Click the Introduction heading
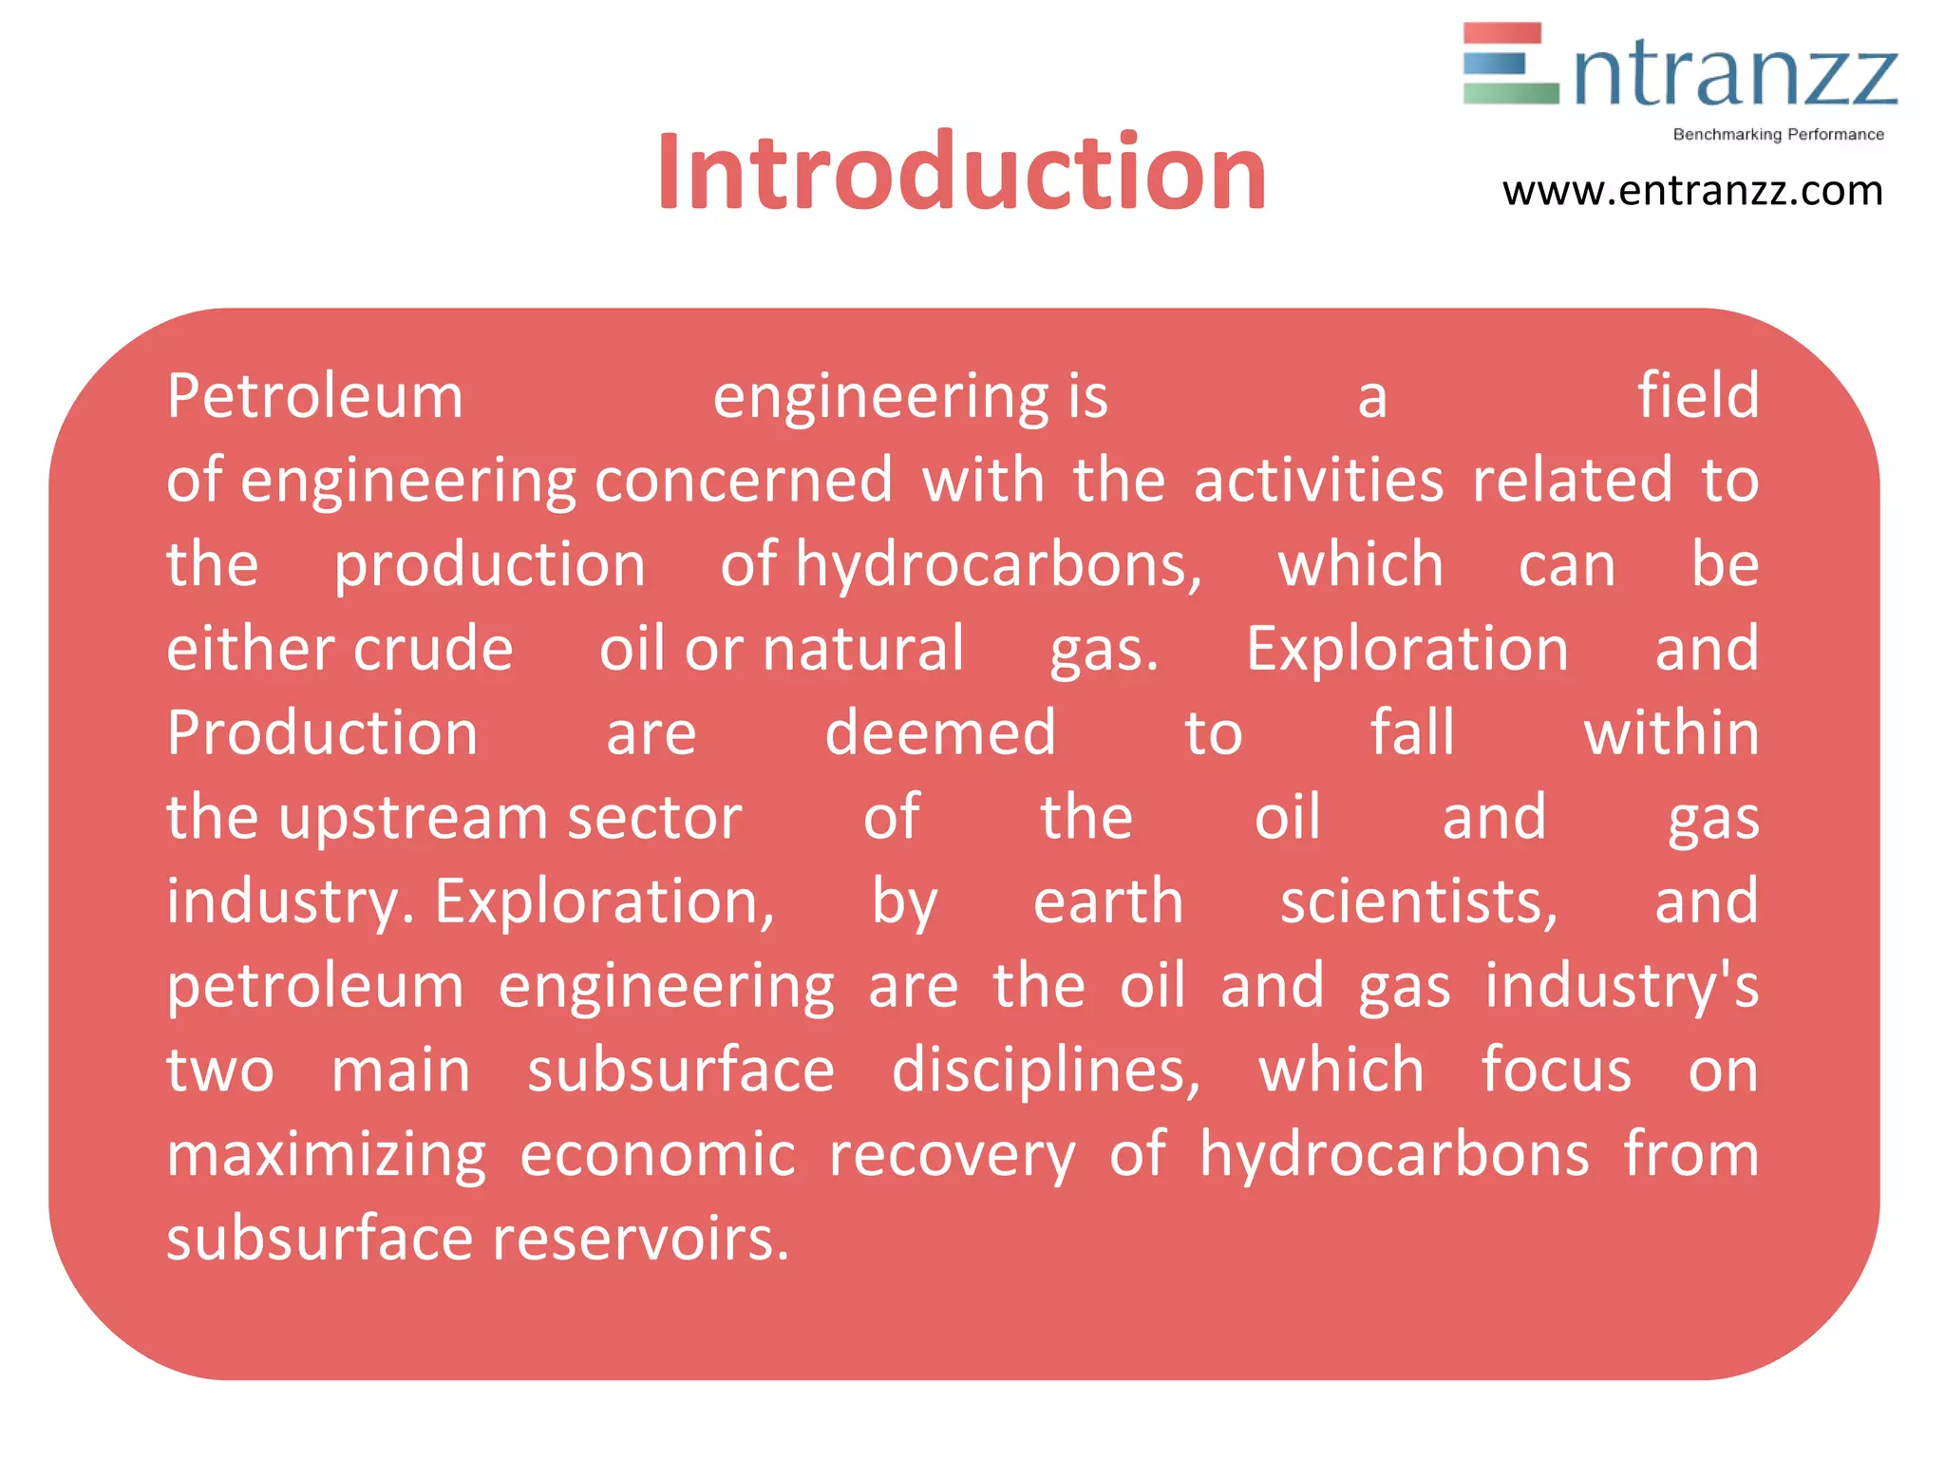[x=961, y=172]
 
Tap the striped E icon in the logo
[x=1510, y=64]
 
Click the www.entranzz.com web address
[x=1692, y=191]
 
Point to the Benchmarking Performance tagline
[x=1778, y=135]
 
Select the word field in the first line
[x=1698, y=395]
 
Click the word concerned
[x=744, y=480]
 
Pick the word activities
[x=1318, y=480]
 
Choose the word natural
[x=862, y=649]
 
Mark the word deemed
[x=940, y=733]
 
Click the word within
[x=1671, y=733]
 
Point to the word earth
[x=1108, y=901]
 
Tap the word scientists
[x=1419, y=901]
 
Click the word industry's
[x=1622, y=986]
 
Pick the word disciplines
[x=1046, y=1071]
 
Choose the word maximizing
[x=327, y=1155]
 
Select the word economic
[x=657, y=1155]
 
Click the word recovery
[x=952, y=1155]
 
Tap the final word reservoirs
[x=640, y=1239]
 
